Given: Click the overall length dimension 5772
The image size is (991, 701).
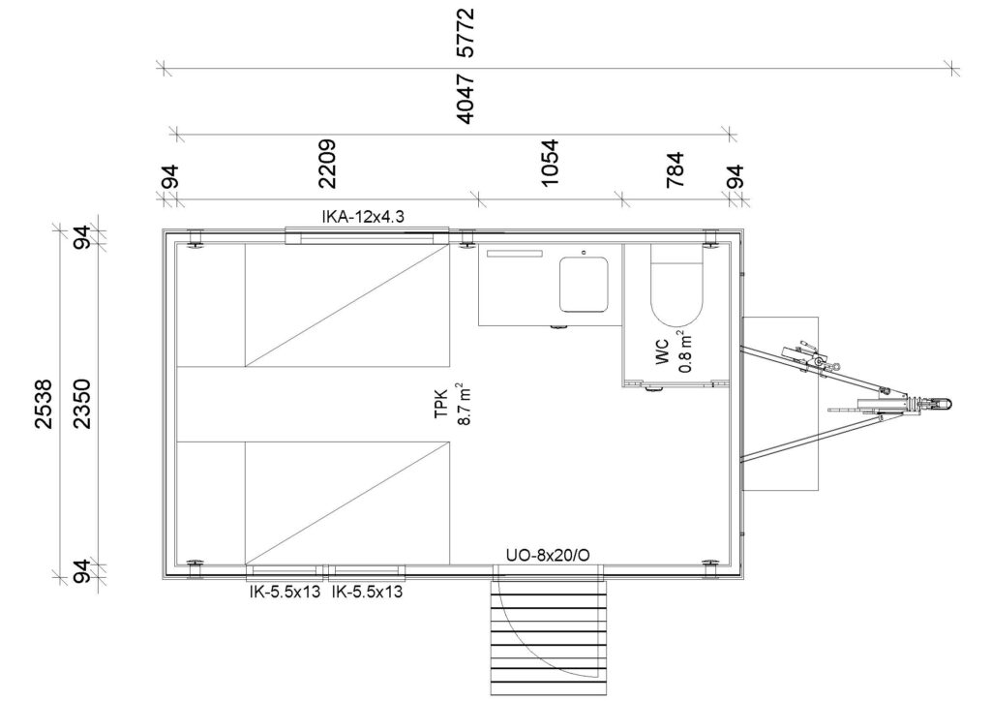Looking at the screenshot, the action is tap(465, 33).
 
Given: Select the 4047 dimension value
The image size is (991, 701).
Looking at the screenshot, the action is tap(465, 99).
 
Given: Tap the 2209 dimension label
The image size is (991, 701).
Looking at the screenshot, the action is tap(327, 164).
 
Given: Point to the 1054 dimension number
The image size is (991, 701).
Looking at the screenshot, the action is tap(550, 163).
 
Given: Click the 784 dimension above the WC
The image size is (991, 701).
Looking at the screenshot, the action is tap(675, 168).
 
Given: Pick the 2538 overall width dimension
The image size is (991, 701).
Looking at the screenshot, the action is tap(44, 404).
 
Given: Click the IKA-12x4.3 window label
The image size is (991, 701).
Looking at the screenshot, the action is tap(363, 217).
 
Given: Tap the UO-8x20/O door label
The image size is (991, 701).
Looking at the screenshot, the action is tap(548, 556).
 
